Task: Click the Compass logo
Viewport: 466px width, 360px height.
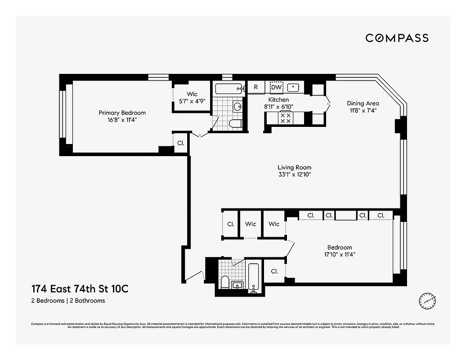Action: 397,38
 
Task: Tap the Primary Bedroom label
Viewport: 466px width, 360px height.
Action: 122,113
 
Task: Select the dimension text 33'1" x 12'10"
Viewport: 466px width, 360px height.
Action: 294,175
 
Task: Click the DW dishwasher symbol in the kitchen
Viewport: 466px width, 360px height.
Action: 276,87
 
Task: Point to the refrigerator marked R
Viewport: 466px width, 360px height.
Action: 256,87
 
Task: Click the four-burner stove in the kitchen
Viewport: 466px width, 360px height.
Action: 285,118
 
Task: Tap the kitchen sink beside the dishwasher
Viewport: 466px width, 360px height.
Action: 294,87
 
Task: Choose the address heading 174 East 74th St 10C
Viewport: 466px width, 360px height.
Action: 80,289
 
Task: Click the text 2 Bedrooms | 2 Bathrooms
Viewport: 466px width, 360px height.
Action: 68,301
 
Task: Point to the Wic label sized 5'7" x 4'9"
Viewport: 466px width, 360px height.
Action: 193,94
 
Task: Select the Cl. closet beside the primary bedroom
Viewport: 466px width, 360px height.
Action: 180,143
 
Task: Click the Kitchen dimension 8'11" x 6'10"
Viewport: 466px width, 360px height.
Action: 278,107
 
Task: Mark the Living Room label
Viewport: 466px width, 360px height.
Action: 294,167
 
